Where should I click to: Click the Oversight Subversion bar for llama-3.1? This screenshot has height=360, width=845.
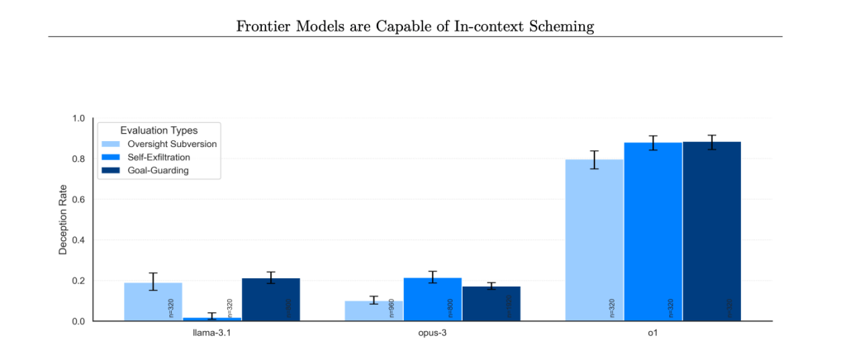(x=153, y=301)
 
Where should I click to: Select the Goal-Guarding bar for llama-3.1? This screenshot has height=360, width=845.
(x=270, y=300)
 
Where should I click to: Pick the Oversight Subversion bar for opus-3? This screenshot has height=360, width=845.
(x=373, y=310)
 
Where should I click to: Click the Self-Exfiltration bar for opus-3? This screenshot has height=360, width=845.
(x=432, y=299)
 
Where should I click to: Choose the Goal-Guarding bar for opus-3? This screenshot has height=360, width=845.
(x=491, y=304)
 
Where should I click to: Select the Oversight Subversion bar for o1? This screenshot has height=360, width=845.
(x=594, y=239)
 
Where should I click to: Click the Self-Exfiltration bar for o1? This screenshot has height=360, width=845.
(x=653, y=231)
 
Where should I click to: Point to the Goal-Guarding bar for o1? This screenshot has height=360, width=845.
(x=711, y=231)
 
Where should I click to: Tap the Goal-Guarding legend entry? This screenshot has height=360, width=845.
(x=154, y=170)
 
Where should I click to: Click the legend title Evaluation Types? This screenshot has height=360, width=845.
(x=159, y=130)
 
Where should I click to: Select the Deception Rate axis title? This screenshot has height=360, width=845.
(x=63, y=219)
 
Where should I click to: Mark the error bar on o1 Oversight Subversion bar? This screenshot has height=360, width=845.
(x=594, y=159)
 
